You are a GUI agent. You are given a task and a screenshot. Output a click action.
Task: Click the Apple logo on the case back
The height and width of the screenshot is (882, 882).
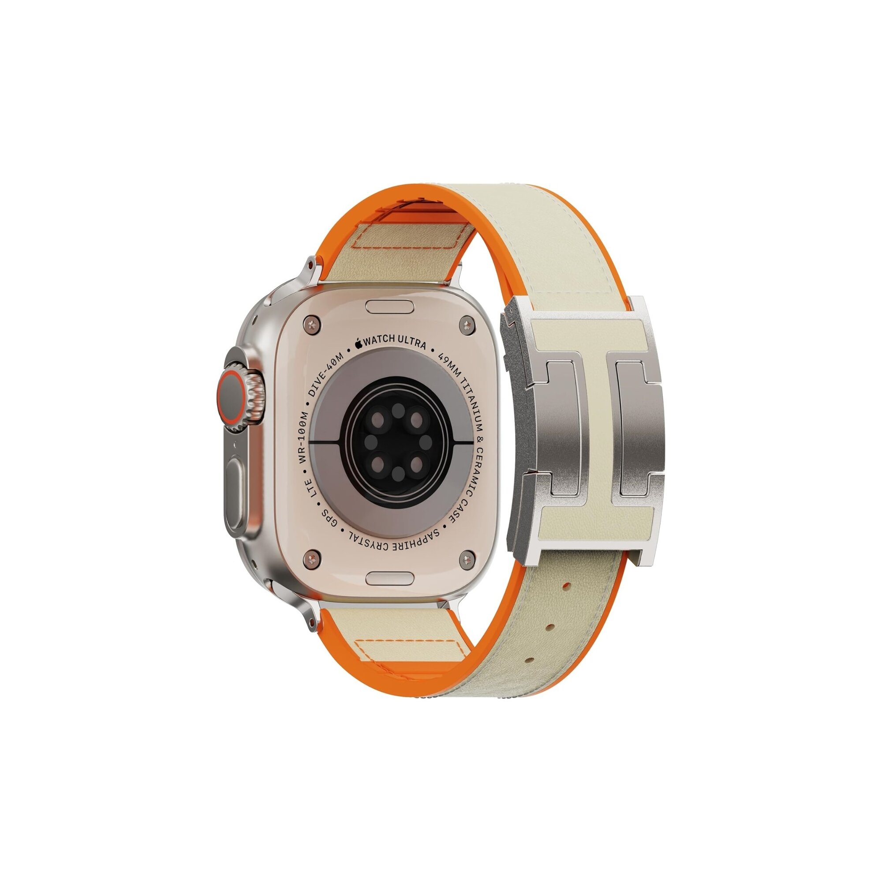tap(359, 342)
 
